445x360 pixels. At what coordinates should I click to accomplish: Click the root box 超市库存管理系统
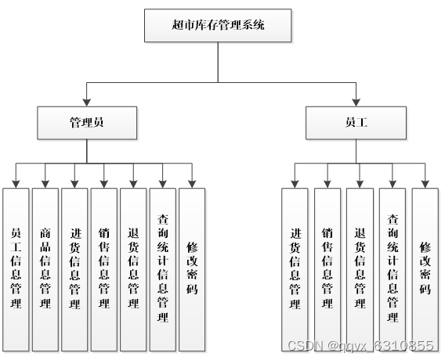click(x=218, y=25)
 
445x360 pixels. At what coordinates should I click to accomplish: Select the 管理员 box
click(x=88, y=122)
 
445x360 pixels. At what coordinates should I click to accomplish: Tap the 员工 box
click(x=356, y=122)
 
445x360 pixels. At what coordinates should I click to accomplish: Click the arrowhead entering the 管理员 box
click(x=88, y=102)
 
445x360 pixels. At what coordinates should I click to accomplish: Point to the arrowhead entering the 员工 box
click(x=356, y=102)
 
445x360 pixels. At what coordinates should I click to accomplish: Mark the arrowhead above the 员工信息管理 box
click(x=16, y=184)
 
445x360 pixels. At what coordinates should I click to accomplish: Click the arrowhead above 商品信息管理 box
click(x=45, y=184)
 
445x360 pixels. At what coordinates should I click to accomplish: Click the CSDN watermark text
click(x=360, y=345)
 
